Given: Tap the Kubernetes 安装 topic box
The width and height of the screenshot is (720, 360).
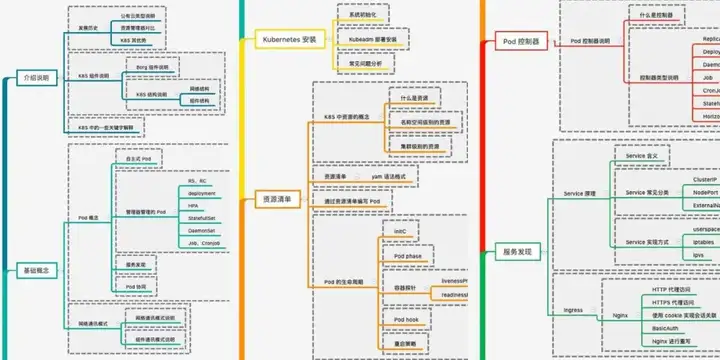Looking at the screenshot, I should (288, 40).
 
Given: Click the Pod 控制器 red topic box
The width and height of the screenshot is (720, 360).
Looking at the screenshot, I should (521, 42).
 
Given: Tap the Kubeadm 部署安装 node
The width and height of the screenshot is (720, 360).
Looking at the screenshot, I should (372, 40).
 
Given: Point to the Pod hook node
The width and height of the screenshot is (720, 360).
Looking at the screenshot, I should (405, 320).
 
